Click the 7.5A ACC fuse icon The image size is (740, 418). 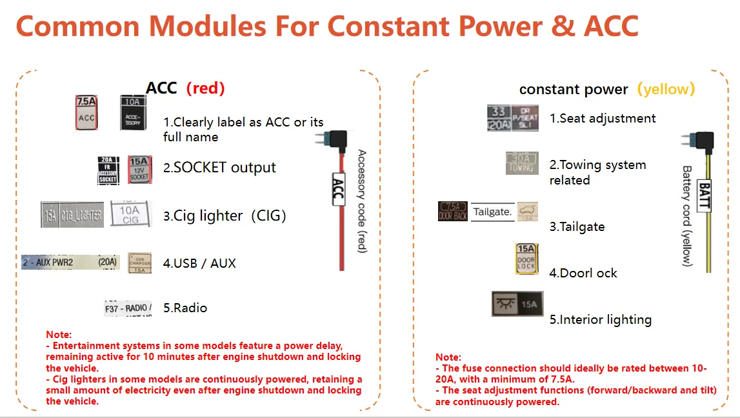coord(86,113)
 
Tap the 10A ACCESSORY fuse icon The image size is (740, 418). coord(132,112)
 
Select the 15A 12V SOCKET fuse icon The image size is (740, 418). coord(139,169)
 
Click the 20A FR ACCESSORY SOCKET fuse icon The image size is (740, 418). coord(108,170)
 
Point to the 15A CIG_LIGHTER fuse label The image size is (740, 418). coord(72,214)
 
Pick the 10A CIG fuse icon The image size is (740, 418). coord(130,213)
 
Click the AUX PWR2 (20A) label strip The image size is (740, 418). coord(70,262)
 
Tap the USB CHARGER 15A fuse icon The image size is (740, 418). coord(139,263)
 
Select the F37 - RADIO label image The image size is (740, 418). coord(128,308)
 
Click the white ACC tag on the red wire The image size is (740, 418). coord(337,190)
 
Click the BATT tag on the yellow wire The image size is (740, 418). coord(704,196)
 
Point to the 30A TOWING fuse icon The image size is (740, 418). coord(522,163)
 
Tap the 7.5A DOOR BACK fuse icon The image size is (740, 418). coord(453,211)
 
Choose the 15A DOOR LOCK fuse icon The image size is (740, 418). coord(526,259)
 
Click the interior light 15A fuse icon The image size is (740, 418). coord(517,304)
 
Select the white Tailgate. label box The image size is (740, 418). coord(493,212)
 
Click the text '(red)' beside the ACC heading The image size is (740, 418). coord(205,88)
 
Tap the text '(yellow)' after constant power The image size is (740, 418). coord(666,89)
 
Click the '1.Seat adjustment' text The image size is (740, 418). coord(603,118)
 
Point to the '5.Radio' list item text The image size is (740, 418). coord(185,308)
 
